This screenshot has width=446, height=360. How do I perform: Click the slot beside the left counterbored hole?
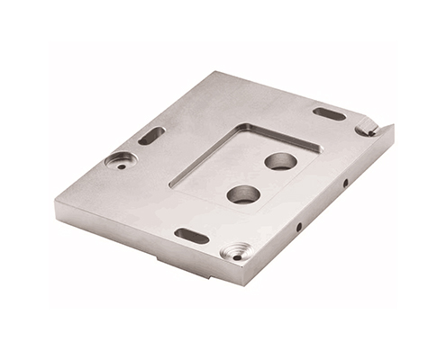click(150, 136)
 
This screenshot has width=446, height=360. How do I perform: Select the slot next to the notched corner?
click(330, 113)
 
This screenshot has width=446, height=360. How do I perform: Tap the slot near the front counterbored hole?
click(192, 236)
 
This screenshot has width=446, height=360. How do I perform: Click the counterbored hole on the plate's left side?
click(120, 160)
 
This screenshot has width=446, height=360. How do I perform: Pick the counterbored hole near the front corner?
click(235, 253)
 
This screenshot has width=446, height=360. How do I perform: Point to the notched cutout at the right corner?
click(369, 130)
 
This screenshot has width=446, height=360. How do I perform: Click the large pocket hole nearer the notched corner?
click(280, 161)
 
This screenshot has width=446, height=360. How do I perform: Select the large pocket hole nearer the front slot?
click(242, 193)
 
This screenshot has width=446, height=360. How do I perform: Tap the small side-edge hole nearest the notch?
click(345, 184)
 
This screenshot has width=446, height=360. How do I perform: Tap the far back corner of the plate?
click(214, 73)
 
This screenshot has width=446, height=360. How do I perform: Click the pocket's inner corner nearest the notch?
click(320, 147)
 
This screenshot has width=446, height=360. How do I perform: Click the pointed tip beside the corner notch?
click(393, 125)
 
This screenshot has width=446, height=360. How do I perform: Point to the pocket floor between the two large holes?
click(261, 178)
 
